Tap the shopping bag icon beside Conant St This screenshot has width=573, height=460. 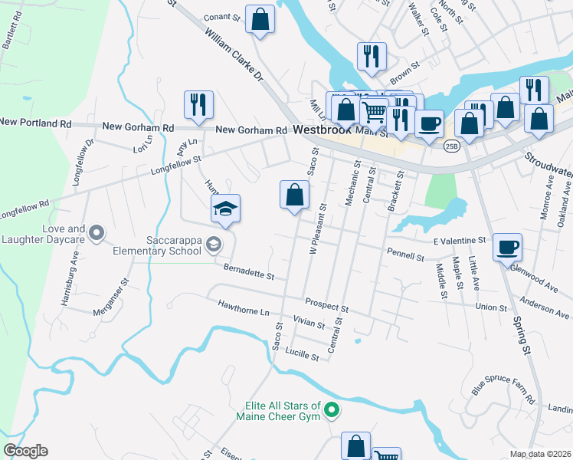click(260, 18)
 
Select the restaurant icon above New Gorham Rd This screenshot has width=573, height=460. click(198, 104)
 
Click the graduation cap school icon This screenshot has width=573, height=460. click(226, 209)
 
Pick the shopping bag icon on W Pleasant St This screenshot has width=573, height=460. click(294, 195)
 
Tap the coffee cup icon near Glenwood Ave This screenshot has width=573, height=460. click(507, 248)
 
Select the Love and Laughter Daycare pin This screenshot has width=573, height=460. click(96, 232)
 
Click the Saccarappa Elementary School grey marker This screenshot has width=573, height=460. click(214, 245)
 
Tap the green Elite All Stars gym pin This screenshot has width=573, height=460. click(331, 411)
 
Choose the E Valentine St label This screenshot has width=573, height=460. click(460, 241)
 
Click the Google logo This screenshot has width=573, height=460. click(25, 451)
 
